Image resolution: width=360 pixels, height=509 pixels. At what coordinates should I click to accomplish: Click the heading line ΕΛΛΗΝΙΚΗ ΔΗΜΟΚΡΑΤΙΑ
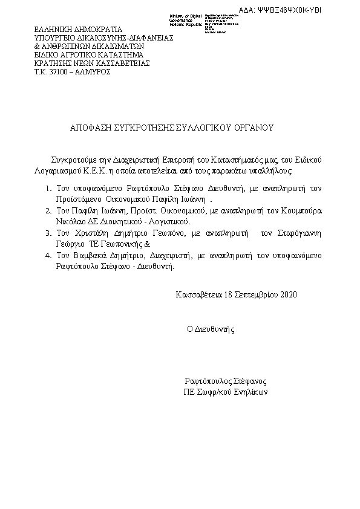point(77,28)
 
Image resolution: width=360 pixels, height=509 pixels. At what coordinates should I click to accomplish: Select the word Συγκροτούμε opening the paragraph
point(76,160)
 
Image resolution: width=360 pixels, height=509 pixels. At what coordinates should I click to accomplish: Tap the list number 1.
point(48,189)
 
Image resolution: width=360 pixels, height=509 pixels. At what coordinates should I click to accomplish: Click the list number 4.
point(48,256)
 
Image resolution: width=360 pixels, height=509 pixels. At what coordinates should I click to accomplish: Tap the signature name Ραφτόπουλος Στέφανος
point(225,381)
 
